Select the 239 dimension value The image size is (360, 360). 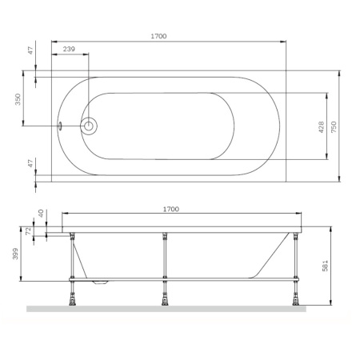coord(69,50)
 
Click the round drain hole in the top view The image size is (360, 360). coord(90,126)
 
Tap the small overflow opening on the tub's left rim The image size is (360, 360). coord(58,126)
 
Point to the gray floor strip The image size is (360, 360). coord(168,308)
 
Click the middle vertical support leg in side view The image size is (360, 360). coord(165,256)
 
